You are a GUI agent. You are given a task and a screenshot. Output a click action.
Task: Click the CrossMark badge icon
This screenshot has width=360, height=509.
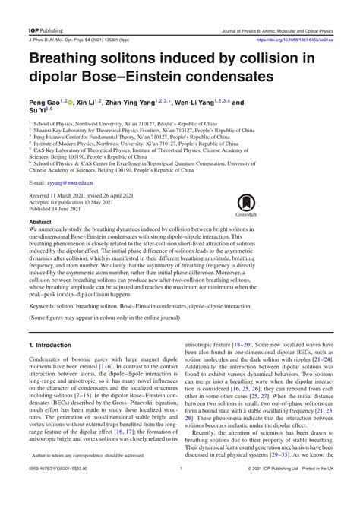(x=247, y=204)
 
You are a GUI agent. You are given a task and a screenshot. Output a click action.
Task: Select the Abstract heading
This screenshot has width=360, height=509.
(x=42, y=224)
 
